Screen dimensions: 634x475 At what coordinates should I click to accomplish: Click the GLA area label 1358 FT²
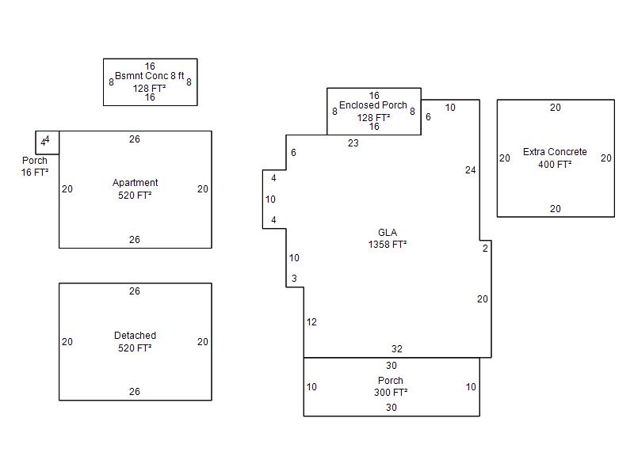(x=388, y=245)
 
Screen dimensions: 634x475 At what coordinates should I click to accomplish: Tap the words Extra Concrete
(x=555, y=152)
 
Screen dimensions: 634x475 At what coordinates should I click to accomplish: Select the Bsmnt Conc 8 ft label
(x=150, y=76)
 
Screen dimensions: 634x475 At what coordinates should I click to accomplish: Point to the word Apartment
(x=135, y=183)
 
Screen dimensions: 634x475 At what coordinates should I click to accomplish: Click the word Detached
(x=135, y=335)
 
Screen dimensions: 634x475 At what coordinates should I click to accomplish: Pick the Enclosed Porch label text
(x=372, y=105)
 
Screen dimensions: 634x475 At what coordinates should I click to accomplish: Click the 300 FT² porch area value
(x=391, y=392)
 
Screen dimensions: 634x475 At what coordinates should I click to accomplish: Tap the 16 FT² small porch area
(x=35, y=173)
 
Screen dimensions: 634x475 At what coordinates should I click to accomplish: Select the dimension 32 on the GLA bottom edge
(x=397, y=349)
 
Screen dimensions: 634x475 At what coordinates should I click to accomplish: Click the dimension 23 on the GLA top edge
(x=353, y=143)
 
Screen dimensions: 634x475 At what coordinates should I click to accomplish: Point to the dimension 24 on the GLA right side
(x=470, y=170)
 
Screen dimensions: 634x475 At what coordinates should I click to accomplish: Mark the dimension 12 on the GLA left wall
(x=311, y=322)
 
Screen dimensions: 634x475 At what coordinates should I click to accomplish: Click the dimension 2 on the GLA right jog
(x=485, y=249)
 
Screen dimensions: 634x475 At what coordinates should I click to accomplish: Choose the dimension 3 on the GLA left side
(x=294, y=279)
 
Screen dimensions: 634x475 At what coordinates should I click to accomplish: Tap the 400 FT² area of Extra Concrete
(x=555, y=165)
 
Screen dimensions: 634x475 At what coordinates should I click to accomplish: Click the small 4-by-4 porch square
(x=36, y=142)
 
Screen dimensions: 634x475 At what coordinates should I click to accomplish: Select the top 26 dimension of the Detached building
(x=135, y=291)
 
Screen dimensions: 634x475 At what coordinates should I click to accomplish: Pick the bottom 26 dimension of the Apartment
(x=135, y=240)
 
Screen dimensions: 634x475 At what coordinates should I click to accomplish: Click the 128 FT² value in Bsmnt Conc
(x=149, y=88)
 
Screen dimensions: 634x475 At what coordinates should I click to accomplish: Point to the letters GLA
(x=388, y=233)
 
